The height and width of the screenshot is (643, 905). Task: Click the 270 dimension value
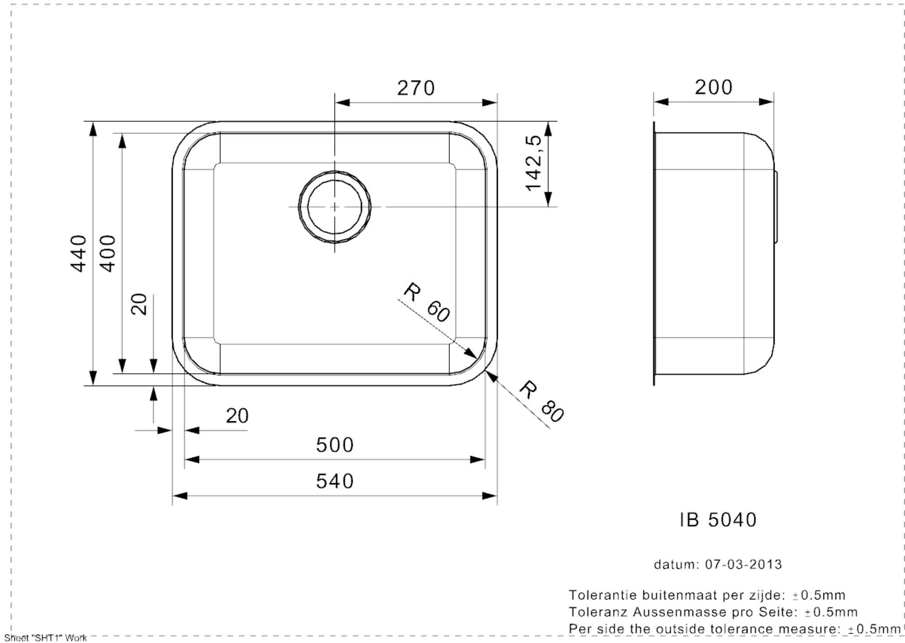416,88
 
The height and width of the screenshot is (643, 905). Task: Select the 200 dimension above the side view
714,87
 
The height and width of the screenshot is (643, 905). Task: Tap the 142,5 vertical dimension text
533,163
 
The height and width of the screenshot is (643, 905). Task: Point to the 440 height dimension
78,253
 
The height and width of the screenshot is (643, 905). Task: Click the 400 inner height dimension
107,253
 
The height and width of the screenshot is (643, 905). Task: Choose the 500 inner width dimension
335,445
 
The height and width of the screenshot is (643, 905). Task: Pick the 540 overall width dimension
335,481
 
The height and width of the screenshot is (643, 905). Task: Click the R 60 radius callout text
427,302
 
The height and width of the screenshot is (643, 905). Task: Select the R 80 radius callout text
541,402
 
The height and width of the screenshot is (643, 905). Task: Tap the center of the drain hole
334,207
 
